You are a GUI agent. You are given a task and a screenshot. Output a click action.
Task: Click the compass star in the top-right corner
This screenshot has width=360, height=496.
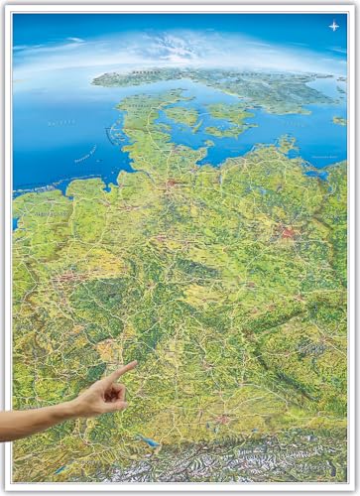point(334,26)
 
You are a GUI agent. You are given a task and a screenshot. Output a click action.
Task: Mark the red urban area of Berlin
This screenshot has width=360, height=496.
point(289,232)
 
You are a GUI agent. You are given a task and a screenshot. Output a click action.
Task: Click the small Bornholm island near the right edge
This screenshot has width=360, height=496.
point(340,120)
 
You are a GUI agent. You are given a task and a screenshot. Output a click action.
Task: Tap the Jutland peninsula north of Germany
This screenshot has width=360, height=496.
point(139,109)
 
